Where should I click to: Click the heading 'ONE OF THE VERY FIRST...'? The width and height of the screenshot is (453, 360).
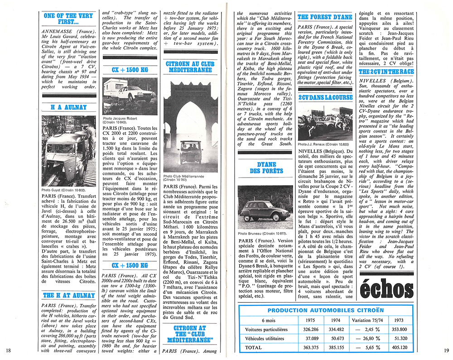pos(68,19)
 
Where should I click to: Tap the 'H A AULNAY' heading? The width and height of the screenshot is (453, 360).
pos(68,107)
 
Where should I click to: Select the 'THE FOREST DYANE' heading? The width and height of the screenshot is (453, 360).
pos(325,17)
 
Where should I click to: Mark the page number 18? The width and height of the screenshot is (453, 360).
pos(9,350)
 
